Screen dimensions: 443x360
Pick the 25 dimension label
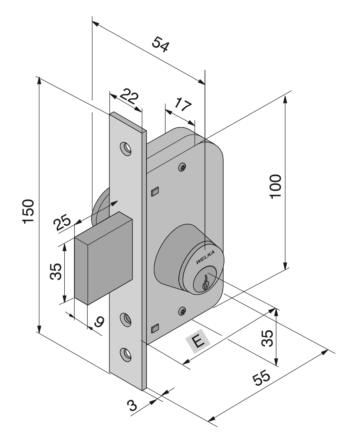coord(62,225)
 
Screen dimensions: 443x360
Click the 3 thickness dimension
coord(134,406)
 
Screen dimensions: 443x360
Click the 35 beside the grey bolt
coord(55,272)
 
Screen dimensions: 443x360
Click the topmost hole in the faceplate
coord(126,149)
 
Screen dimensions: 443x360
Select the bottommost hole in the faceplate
coord(126,353)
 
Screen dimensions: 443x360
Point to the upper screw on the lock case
coord(182,167)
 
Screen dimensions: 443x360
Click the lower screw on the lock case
coord(182,311)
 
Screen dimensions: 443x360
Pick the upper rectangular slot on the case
coord(155,191)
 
